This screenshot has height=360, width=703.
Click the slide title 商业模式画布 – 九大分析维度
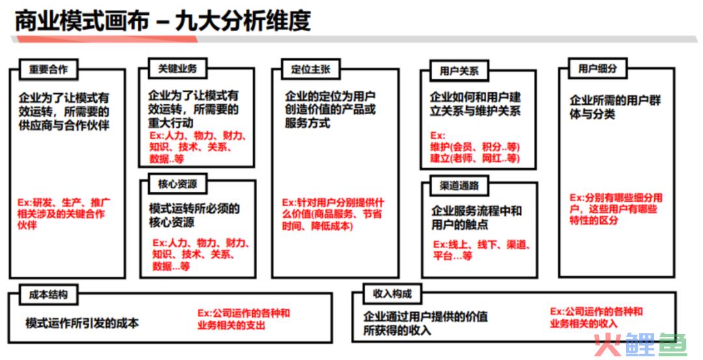[163, 21]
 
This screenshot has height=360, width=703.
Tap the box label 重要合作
[48, 70]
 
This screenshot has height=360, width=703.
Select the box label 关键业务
[178, 68]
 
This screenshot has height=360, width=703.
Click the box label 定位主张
[310, 70]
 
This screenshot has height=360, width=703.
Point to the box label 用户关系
[459, 71]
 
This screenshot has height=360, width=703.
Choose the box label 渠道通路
[460, 186]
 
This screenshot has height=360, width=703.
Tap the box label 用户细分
[598, 68]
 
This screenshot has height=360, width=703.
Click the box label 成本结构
[48, 294]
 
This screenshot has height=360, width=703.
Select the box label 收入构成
[393, 294]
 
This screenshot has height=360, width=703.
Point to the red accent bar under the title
[107, 40]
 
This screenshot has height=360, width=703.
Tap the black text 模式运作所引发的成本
[82, 323]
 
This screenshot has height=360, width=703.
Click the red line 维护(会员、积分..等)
[475, 147]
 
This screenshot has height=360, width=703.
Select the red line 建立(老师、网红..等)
[475, 158]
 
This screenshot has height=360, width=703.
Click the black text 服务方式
[307, 123]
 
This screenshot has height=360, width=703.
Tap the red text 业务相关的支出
[231, 325]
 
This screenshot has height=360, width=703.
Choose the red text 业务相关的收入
[584, 324]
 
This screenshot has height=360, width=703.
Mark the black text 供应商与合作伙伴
[64, 125]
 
